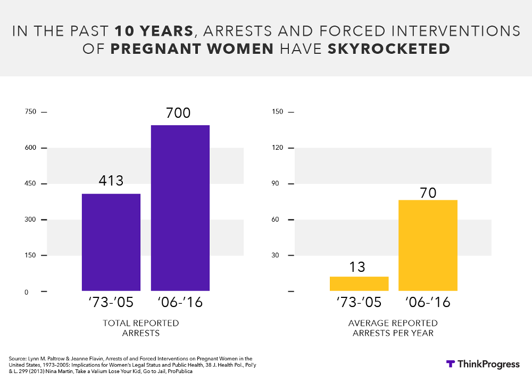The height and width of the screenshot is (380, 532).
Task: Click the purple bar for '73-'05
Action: [x=111, y=242]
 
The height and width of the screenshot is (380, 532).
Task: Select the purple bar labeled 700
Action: [x=180, y=208]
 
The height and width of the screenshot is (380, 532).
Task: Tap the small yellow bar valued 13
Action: [x=359, y=284]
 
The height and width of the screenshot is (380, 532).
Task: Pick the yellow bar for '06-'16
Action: [x=428, y=245]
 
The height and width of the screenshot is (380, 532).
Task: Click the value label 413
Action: [x=111, y=181]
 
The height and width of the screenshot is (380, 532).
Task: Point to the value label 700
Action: [x=178, y=113]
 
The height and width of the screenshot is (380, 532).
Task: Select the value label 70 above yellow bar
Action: [x=428, y=192]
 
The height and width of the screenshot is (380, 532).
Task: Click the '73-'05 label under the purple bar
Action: [x=111, y=303]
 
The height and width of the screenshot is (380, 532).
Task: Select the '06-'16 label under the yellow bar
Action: [x=428, y=303]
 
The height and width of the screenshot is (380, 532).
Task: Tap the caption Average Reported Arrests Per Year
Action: [x=393, y=328]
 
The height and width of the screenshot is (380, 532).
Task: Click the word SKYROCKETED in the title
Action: [x=389, y=49]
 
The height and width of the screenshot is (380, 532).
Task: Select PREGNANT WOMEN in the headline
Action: [x=192, y=49]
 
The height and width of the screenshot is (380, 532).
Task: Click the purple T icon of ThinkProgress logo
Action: [x=451, y=364]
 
